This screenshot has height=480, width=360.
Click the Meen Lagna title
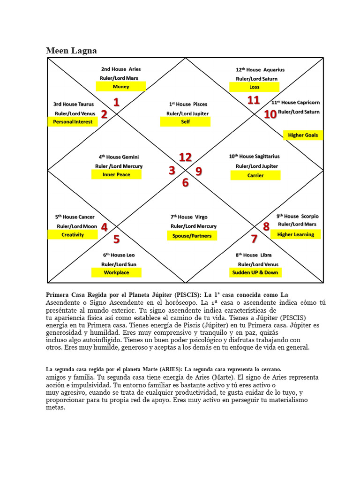click(x=71, y=51)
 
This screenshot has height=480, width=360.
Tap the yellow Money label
click(x=121, y=87)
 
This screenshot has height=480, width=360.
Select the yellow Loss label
click(x=254, y=87)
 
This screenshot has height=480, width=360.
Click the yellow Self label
click(x=185, y=122)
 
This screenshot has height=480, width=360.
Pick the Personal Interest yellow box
click(x=73, y=122)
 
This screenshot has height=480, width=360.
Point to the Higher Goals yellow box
click(x=303, y=135)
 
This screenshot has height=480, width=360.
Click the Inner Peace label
click(x=116, y=174)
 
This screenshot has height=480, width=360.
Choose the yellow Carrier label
click(x=255, y=175)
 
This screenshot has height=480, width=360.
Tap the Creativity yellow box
click(x=73, y=234)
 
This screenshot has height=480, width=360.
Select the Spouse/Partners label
click(x=189, y=236)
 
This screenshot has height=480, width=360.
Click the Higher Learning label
click(x=295, y=234)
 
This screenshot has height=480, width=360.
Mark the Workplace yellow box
click(x=116, y=272)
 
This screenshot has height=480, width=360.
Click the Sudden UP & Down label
click(x=255, y=272)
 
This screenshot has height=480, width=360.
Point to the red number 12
click(x=185, y=157)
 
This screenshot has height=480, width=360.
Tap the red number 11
click(x=254, y=100)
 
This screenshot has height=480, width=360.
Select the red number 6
click(x=186, y=183)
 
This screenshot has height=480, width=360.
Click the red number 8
click(x=266, y=227)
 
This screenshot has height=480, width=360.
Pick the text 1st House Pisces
click(x=188, y=104)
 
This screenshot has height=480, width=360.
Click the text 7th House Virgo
click(x=189, y=217)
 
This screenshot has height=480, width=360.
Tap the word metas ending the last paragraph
click(x=55, y=408)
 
